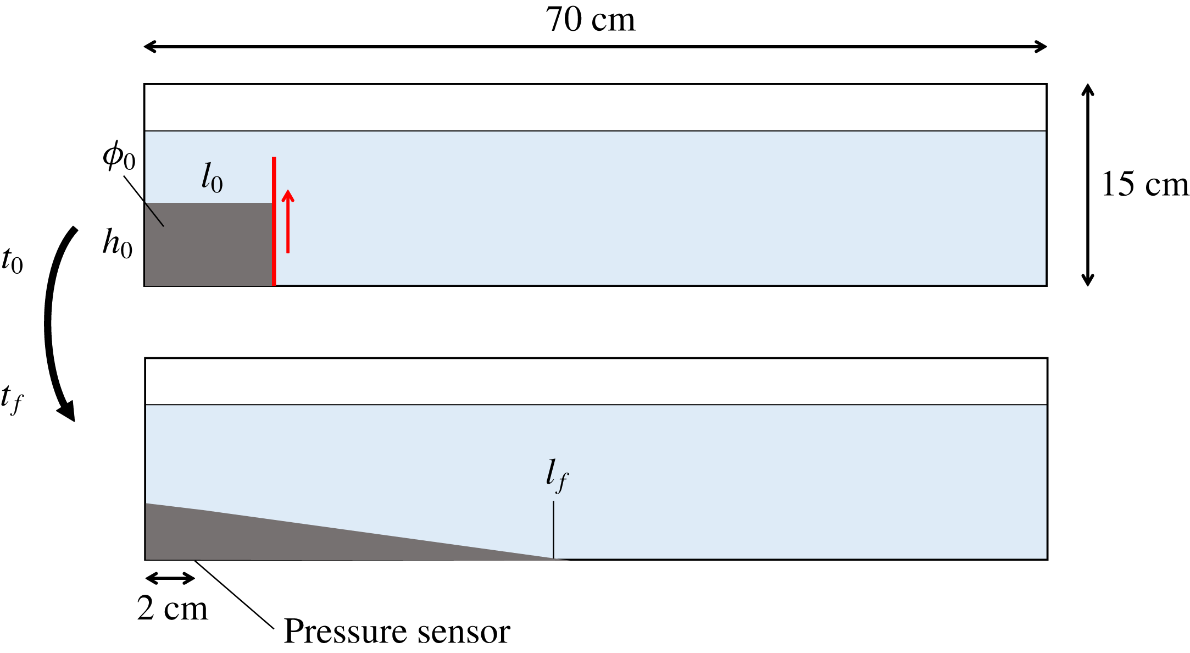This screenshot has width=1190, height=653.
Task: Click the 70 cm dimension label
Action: pos(590,20)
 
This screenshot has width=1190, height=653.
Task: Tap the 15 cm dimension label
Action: pos(1145,184)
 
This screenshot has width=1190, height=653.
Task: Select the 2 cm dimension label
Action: pos(173,608)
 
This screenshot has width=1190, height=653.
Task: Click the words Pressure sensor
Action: pos(397,631)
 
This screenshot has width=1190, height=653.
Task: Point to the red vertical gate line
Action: pos(274,221)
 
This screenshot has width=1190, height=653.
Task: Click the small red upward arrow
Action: pos(288,221)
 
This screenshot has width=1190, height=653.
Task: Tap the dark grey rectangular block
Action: pos(209,244)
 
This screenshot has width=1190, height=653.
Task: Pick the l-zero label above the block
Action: pos(212,178)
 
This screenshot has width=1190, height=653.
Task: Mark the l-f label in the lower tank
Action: pos(557,476)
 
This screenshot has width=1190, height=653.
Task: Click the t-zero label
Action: pos(12,261)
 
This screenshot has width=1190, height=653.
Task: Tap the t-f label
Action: pos(12,399)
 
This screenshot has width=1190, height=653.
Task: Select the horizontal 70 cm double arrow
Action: pos(596,47)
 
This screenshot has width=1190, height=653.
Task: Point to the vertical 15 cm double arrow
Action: pos(1088,185)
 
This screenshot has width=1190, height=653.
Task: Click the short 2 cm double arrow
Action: pos(170,578)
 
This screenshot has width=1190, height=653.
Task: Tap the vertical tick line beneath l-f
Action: pos(553,530)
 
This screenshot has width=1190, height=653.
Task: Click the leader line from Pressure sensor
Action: pos(234,594)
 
